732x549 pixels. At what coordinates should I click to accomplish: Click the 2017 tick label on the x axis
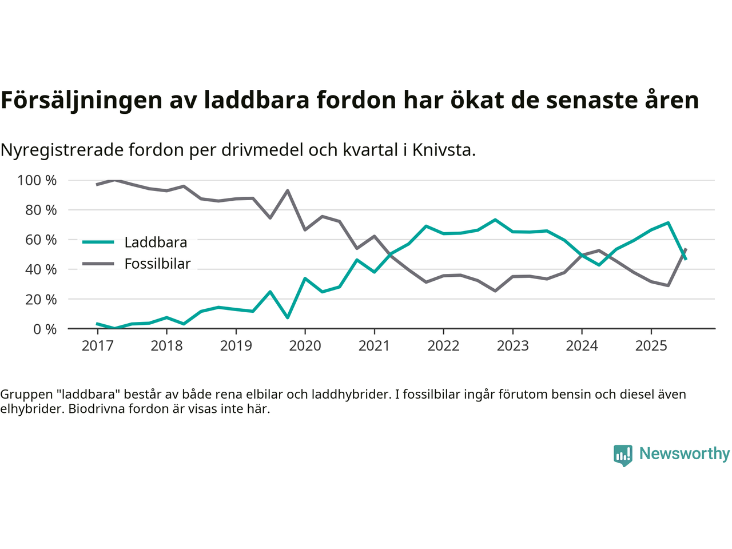pyautogui.click(x=97, y=346)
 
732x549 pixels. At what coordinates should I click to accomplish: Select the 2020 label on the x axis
pyautogui.click(x=305, y=346)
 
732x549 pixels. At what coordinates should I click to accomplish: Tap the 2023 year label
pyautogui.click(x=512, y=346)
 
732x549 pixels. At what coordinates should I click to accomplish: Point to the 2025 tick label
pyautogui.click(x=651, y=346)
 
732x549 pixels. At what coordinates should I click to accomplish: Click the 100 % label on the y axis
pyautogui.click(x=37, y=181)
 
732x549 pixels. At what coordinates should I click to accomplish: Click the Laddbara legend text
pyautogui.click(x=156, y=242)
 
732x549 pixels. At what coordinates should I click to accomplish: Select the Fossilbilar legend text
pyautogui.click(x=157, y=264)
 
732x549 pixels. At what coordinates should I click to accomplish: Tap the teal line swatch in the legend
pyautogui.click(x=98, y=242)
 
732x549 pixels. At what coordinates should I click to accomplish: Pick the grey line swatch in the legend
pyautogui.click(x=98, y=264)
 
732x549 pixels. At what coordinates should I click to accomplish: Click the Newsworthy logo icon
pyautogui.click(x=623, y=455)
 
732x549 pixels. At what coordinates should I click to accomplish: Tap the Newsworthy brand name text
pyautogui.click(x=684, y=453)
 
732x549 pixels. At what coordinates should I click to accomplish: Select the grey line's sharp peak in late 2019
pyautogui.click(x=287, y=191)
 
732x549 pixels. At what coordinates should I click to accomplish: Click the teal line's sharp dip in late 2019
pyautogui.click(x=287, y=317)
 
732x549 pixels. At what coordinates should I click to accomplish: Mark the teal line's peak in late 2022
pyautogui.click(x=495, y=220)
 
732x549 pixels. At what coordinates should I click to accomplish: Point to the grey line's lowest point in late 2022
pyautogui.click(x=495, y=291)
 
